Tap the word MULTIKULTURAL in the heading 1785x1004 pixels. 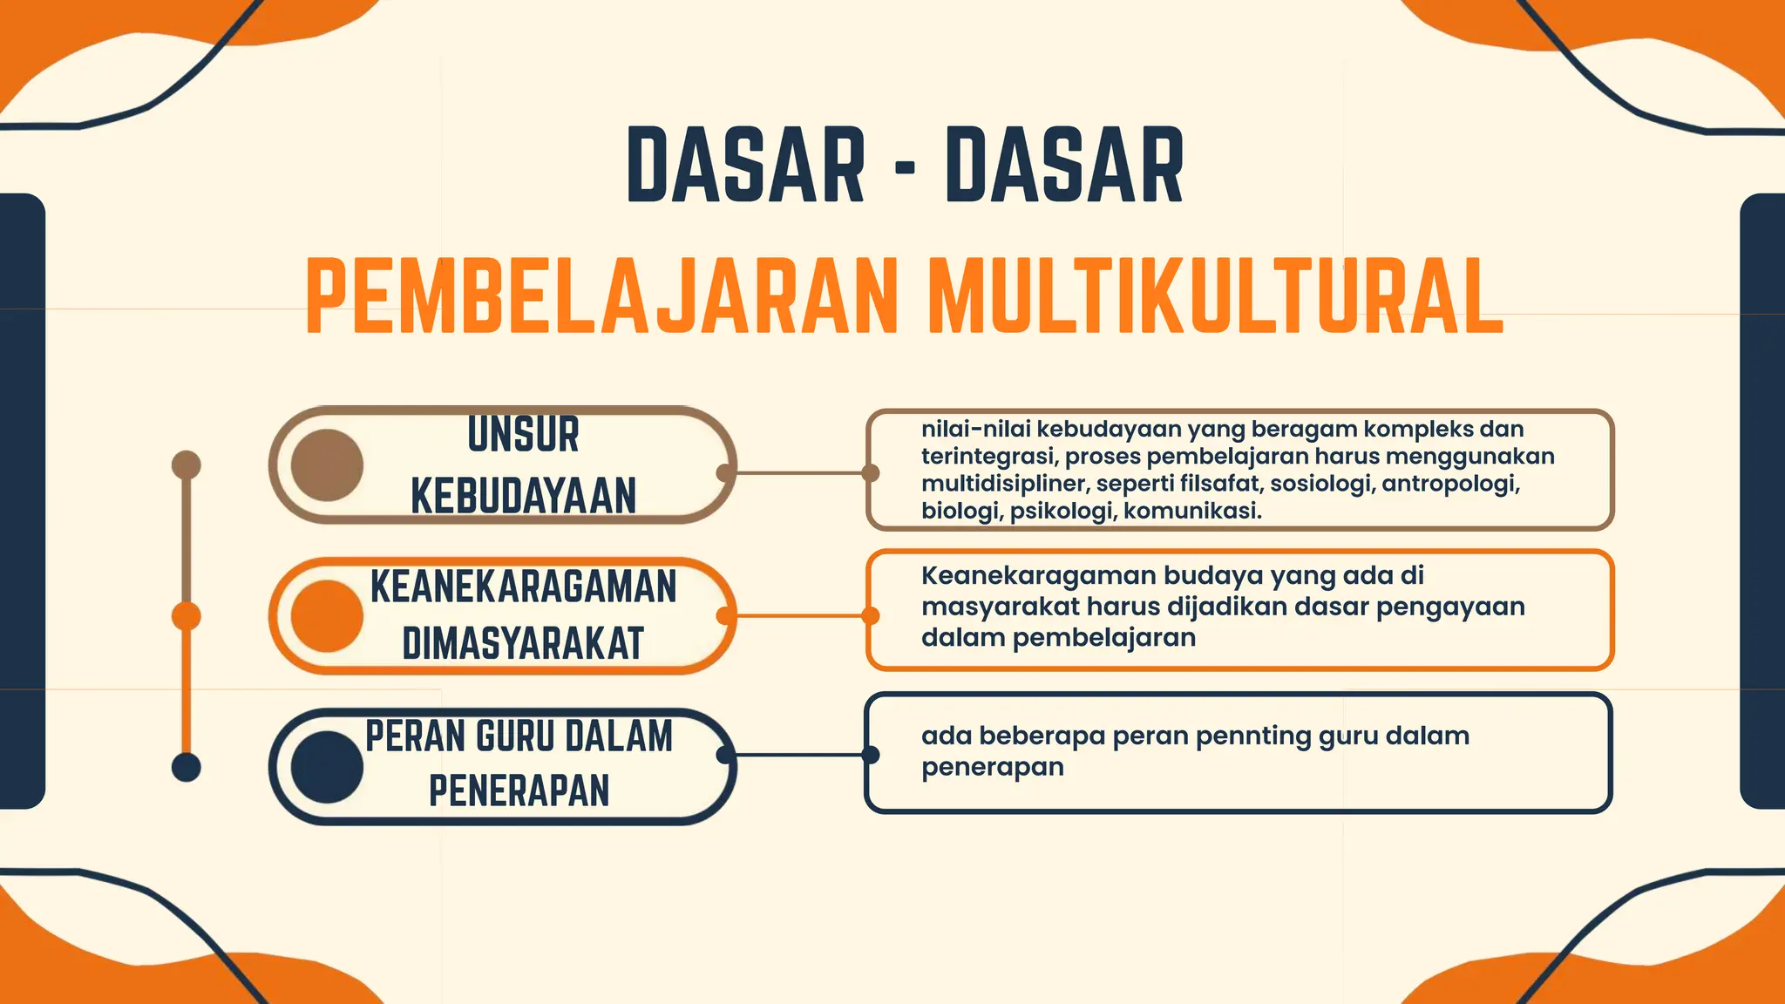point(1216,296)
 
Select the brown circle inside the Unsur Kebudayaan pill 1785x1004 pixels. point(327,465)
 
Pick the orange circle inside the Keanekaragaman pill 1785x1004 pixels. point(327,616)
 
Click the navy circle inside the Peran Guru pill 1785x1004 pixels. point(327,767)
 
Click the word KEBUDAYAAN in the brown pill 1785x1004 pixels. point(523,496)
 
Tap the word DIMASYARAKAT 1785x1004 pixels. point(523,643)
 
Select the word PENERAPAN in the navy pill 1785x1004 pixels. point(519,790)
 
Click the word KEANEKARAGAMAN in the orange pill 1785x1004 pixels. point(523,586)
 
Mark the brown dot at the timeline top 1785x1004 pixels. point(187,465)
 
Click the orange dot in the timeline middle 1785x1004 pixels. point(187,616)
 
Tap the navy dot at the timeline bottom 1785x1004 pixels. point(187,767)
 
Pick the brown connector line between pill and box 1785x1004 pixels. point(797,473)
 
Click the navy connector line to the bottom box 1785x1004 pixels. point(797,755)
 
